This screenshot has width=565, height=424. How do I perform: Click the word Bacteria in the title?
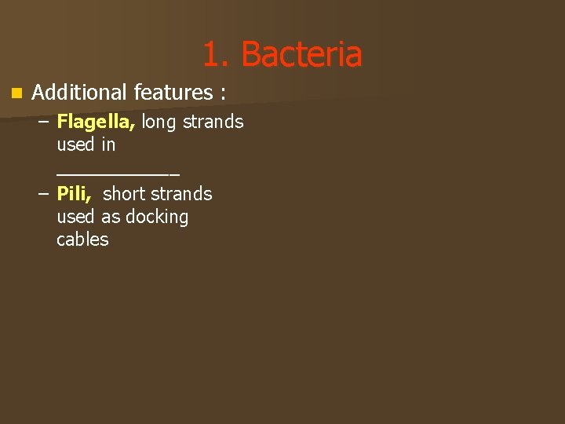pos(301,55)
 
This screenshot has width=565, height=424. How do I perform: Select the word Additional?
pos(79,93)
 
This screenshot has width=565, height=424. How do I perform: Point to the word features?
pos(173,93)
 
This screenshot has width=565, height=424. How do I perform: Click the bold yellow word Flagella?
pos(96,122)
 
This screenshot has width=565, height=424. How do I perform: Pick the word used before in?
pos(75,144)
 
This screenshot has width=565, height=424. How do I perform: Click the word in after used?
pos(108,144)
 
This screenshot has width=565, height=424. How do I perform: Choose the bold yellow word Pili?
pos(74,193)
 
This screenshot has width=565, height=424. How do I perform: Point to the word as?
pos(111,217)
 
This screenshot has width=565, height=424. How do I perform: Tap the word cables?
pos(82,239)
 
